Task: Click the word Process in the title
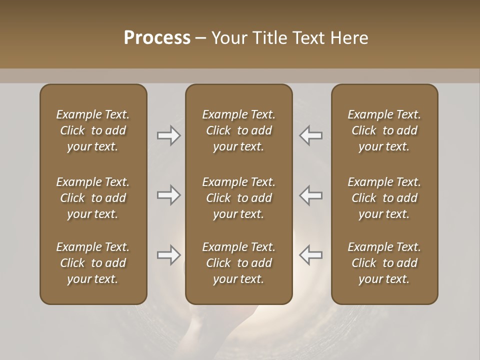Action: click(157, 38)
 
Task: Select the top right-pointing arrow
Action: click(168, 135)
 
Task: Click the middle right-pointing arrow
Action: click(168, 195)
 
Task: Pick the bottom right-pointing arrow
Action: click(168, 255)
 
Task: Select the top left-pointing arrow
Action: click(311, 135)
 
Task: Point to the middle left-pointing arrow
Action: click(311, 195)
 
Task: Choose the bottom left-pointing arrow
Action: click(311, 255)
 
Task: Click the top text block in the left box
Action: click(93, 130)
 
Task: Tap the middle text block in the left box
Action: click(93, 198)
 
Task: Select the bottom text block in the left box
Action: click(93, 263)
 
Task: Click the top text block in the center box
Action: click(238, 130)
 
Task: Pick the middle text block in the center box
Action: click(238, 198)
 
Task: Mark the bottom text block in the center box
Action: click(238, 263)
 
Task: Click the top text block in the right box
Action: click(384, 130)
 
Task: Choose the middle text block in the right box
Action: click(384, 198)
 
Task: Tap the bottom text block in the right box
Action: click(384, 263)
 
